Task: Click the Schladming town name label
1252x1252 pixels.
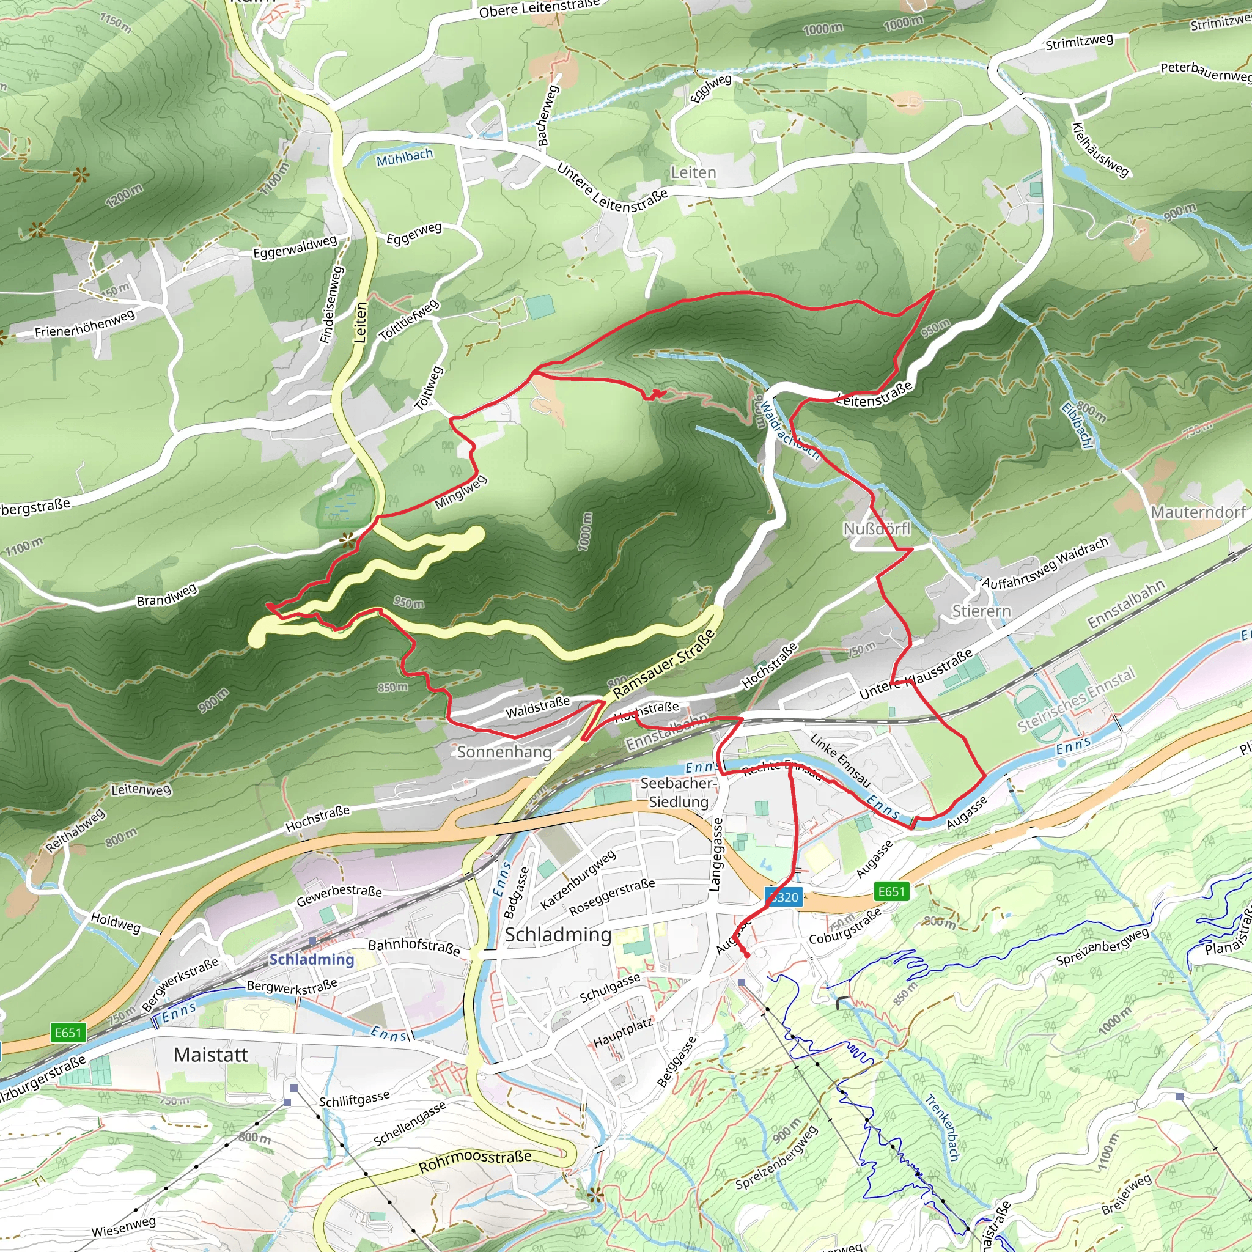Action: (x=558, y=935)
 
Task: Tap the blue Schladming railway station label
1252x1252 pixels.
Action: (x=312, y=959)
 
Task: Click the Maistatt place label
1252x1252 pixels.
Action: (x=211, y=1055)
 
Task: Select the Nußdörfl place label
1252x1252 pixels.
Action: (x=877, y=529)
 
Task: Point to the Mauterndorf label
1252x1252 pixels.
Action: (x=1198, y=512)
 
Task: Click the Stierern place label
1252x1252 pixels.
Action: (x=981, y=611)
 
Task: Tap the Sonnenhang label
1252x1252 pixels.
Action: (x=504, y=752)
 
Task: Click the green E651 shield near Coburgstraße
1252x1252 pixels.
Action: (x=891, y=892)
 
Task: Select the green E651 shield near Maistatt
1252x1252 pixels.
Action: (x=68, y=1033)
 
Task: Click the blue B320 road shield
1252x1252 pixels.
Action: (x=784, y=897)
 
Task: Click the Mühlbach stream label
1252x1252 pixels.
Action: (x=404, y=156)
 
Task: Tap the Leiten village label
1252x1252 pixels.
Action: (x=693, y=172)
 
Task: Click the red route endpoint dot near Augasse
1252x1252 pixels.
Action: (x=746, y=954)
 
